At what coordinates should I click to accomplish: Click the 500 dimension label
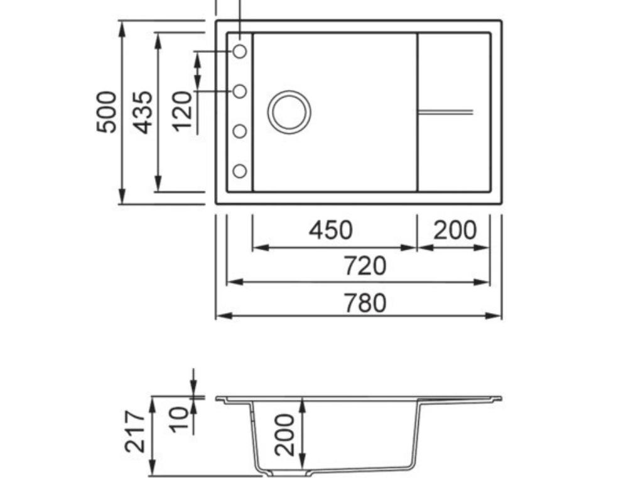pos(107,112)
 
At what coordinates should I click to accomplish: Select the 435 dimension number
pos(144,112)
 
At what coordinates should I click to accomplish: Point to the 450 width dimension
pos(330,231)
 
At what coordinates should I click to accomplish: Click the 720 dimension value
pos(365,266)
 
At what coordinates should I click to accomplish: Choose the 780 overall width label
pos(365,303)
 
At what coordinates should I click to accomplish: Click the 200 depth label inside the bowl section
pos(285,434)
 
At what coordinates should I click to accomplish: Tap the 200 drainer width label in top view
pos(455,231)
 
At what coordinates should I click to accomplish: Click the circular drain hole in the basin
pos(289,112)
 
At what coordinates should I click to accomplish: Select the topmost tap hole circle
pos(240,52)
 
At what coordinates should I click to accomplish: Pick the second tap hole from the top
pos(240,91)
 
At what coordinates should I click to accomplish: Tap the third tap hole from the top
pos(240,131)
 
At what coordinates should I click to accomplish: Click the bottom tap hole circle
pos(240,170)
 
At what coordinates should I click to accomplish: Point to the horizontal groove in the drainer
pos(445,112)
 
